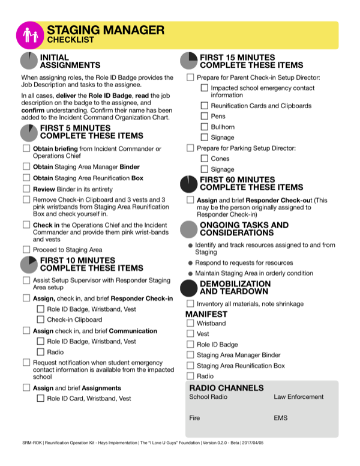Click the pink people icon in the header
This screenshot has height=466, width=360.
[31, 35]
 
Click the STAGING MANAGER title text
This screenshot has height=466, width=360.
[105, 29]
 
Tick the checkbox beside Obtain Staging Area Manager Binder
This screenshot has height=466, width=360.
[26, 166]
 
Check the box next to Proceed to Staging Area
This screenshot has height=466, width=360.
[26, 249]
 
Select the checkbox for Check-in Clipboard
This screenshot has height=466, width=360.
[41, 319]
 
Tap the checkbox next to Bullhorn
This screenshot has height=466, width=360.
[205, 127]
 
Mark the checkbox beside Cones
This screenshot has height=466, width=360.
[205, 159]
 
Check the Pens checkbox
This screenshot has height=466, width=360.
[205, 116]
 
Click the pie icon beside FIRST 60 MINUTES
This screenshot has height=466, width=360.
[189, 183]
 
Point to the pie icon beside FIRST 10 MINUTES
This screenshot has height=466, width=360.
[29, 264]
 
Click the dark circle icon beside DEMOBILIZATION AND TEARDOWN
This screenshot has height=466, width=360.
[189, 288]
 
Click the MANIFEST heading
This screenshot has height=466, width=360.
[206, 314]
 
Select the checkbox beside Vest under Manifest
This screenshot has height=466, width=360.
[190, 334]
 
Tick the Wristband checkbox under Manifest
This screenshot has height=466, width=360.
[190, 324]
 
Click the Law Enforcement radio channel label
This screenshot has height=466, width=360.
[298, 397]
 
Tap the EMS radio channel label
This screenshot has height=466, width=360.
[281, 417]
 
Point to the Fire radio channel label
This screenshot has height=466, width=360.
[194, 417]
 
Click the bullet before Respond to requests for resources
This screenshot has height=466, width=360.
[190, 263]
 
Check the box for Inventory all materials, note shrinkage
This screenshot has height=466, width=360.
[190, 304]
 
